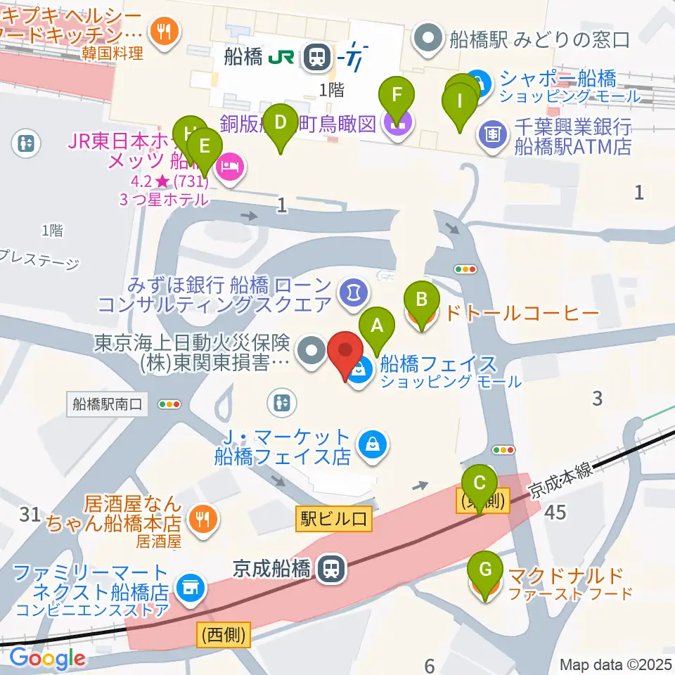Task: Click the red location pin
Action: click(345, 356)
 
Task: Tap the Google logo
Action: click(47, 657)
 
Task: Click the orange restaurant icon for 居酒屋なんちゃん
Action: click(203, 520)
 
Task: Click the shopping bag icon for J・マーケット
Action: click(369, 444)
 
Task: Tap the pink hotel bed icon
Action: click(229, 167)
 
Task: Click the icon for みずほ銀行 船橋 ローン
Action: click(349, 289)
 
